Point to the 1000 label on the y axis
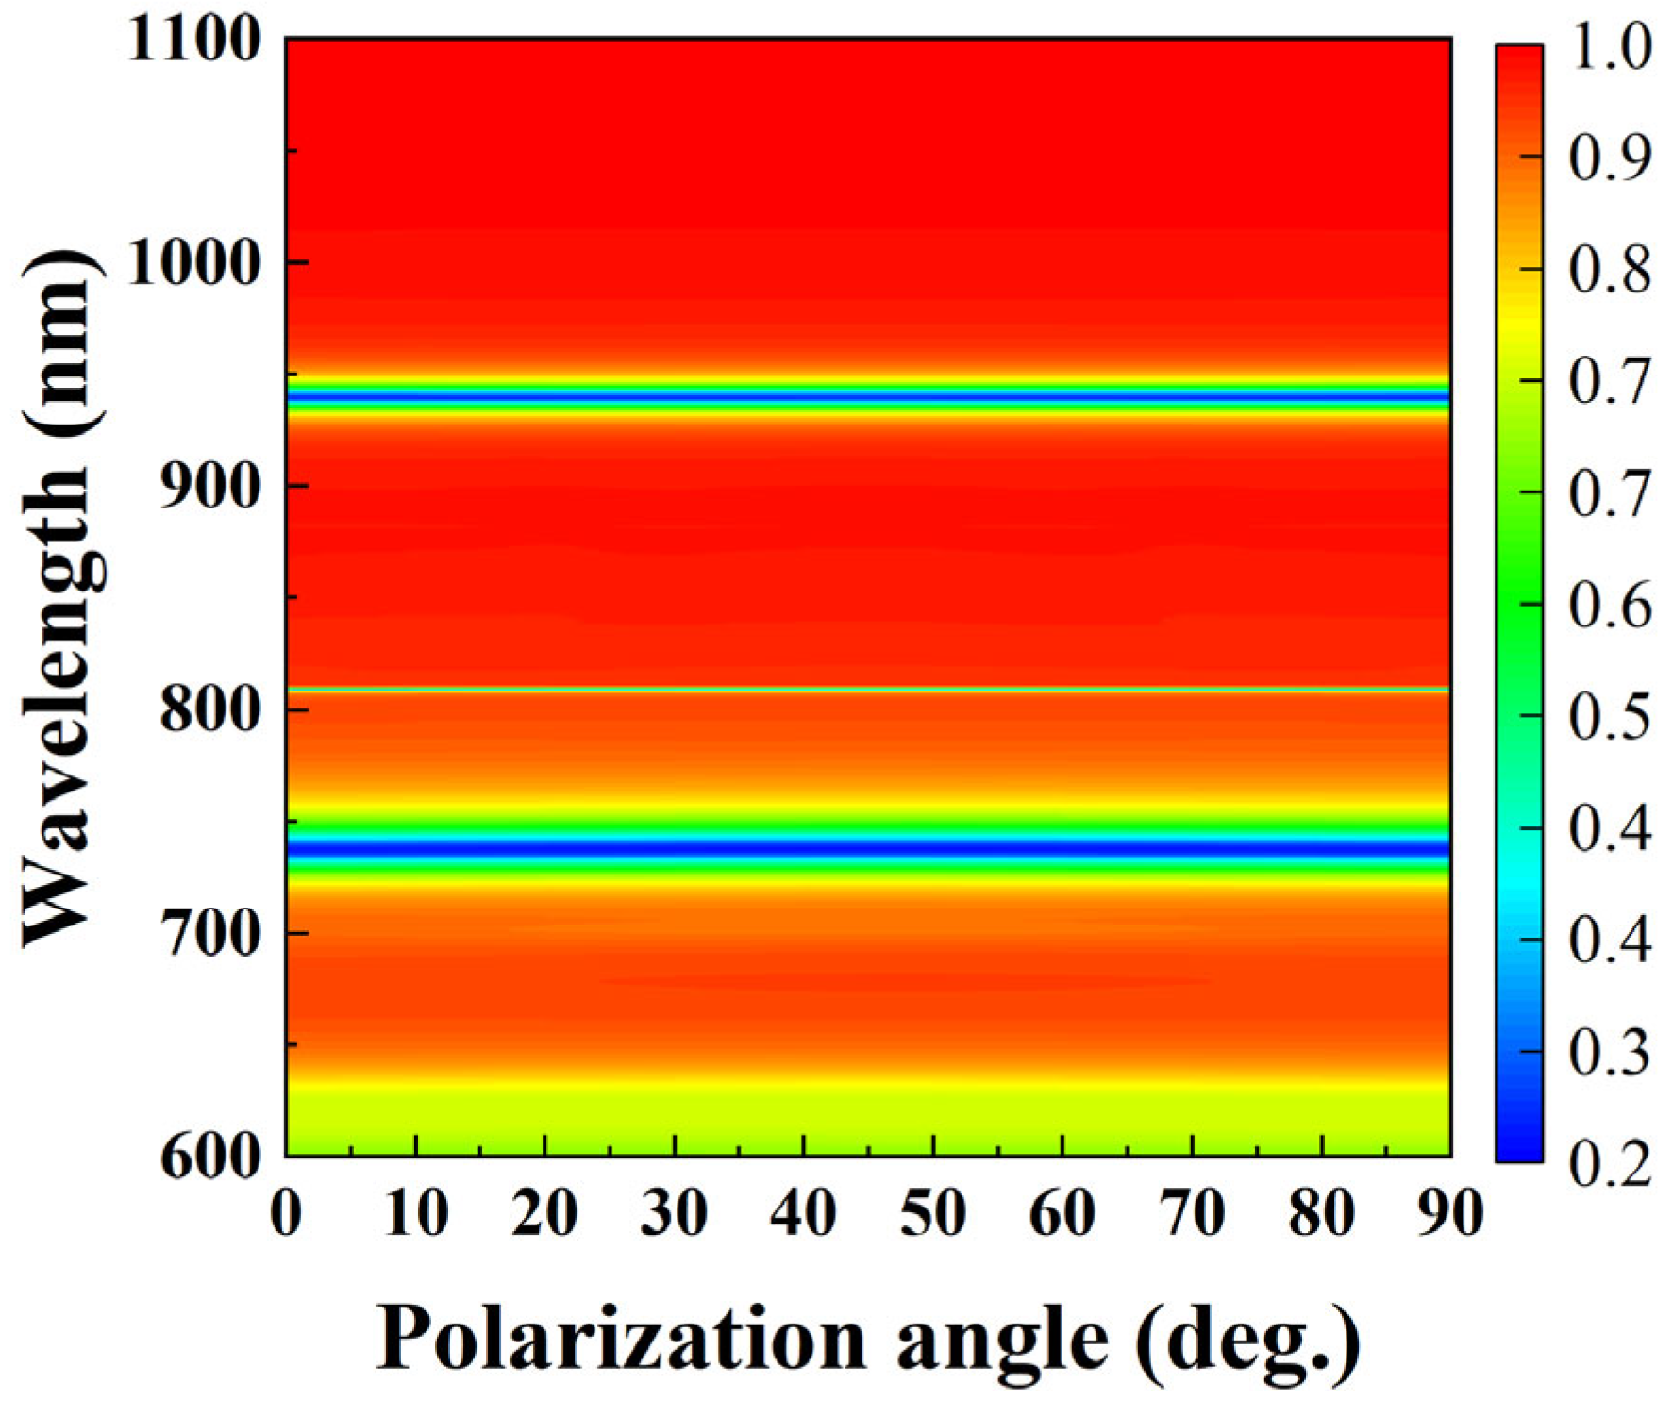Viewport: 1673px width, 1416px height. click(x=193, y=262)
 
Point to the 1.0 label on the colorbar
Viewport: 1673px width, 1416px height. click(x=1610, y=45)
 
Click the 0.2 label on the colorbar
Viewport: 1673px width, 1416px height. click(x=1610, y=1162)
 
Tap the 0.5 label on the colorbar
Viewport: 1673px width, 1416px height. click(x=1610, y=716)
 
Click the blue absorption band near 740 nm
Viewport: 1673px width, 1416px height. click(x=868, y=847)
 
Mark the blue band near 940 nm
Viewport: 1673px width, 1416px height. click(x=868, y=398)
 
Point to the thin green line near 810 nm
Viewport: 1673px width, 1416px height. click(x=868, y=690)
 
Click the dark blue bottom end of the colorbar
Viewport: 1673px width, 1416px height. click(x=1518, y=1151)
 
